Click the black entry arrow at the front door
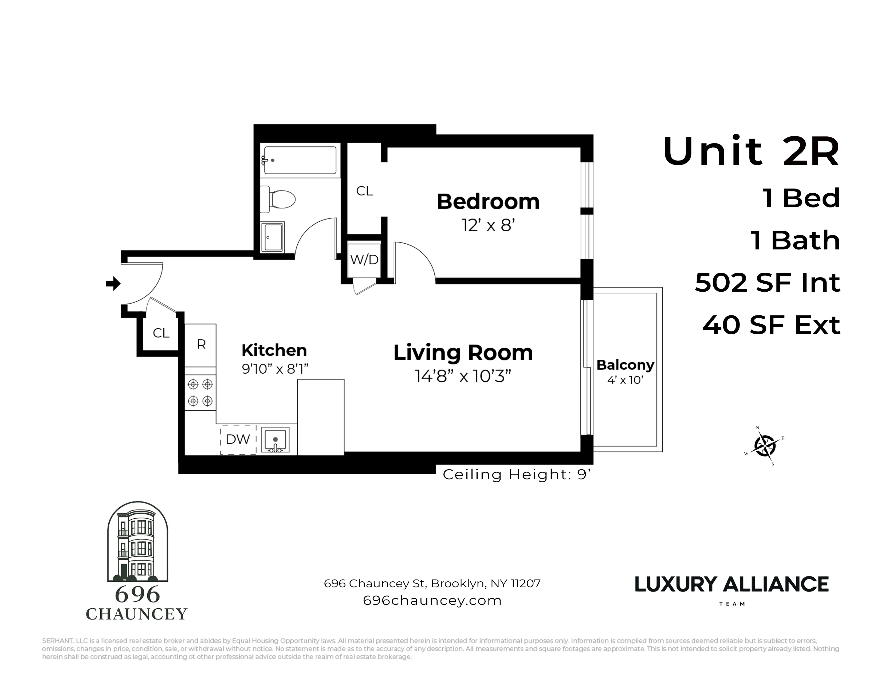113,284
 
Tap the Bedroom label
488,201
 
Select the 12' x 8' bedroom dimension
488,225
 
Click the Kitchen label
274,350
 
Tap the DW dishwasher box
238,439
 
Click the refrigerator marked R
201,345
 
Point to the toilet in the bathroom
278,199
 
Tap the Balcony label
625,365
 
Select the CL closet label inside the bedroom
364,191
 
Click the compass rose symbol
764,446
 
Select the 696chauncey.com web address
432,600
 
